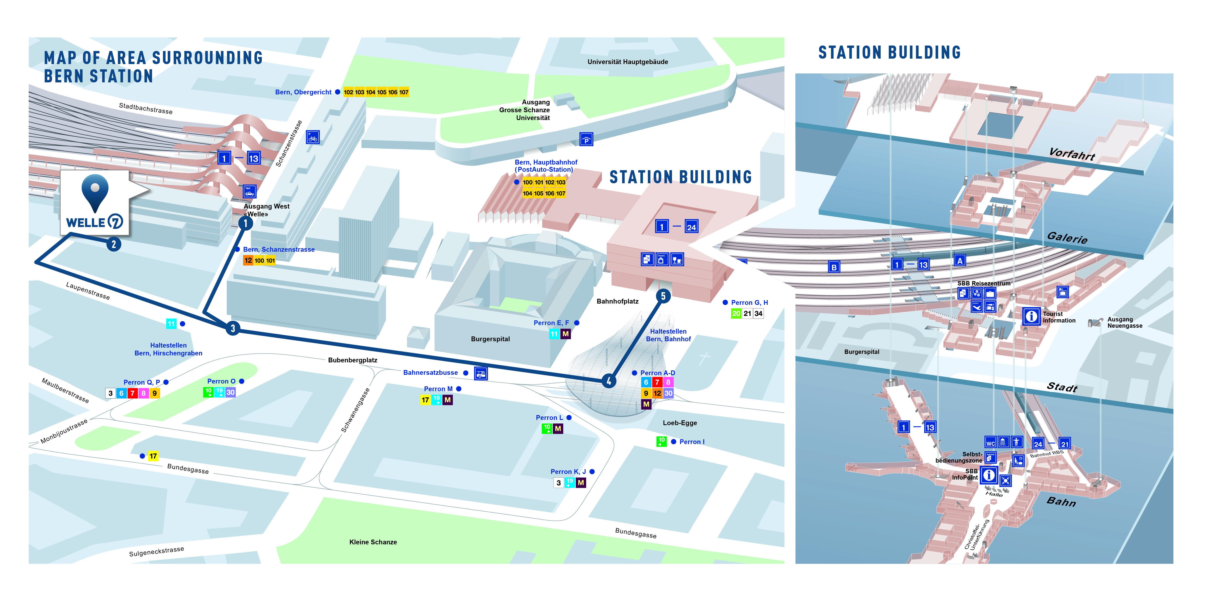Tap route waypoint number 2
tap(114, 244)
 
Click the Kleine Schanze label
tap(373, 542)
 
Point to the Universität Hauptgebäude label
tap(628, 62)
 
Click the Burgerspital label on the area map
tap(490, 339)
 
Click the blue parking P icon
tap(586, 140)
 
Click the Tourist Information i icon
tap(1032, 316)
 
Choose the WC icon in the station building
tap(990, 442)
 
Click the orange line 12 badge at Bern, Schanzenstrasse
tap(248, 260)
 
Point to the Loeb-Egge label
tap(680, 423)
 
